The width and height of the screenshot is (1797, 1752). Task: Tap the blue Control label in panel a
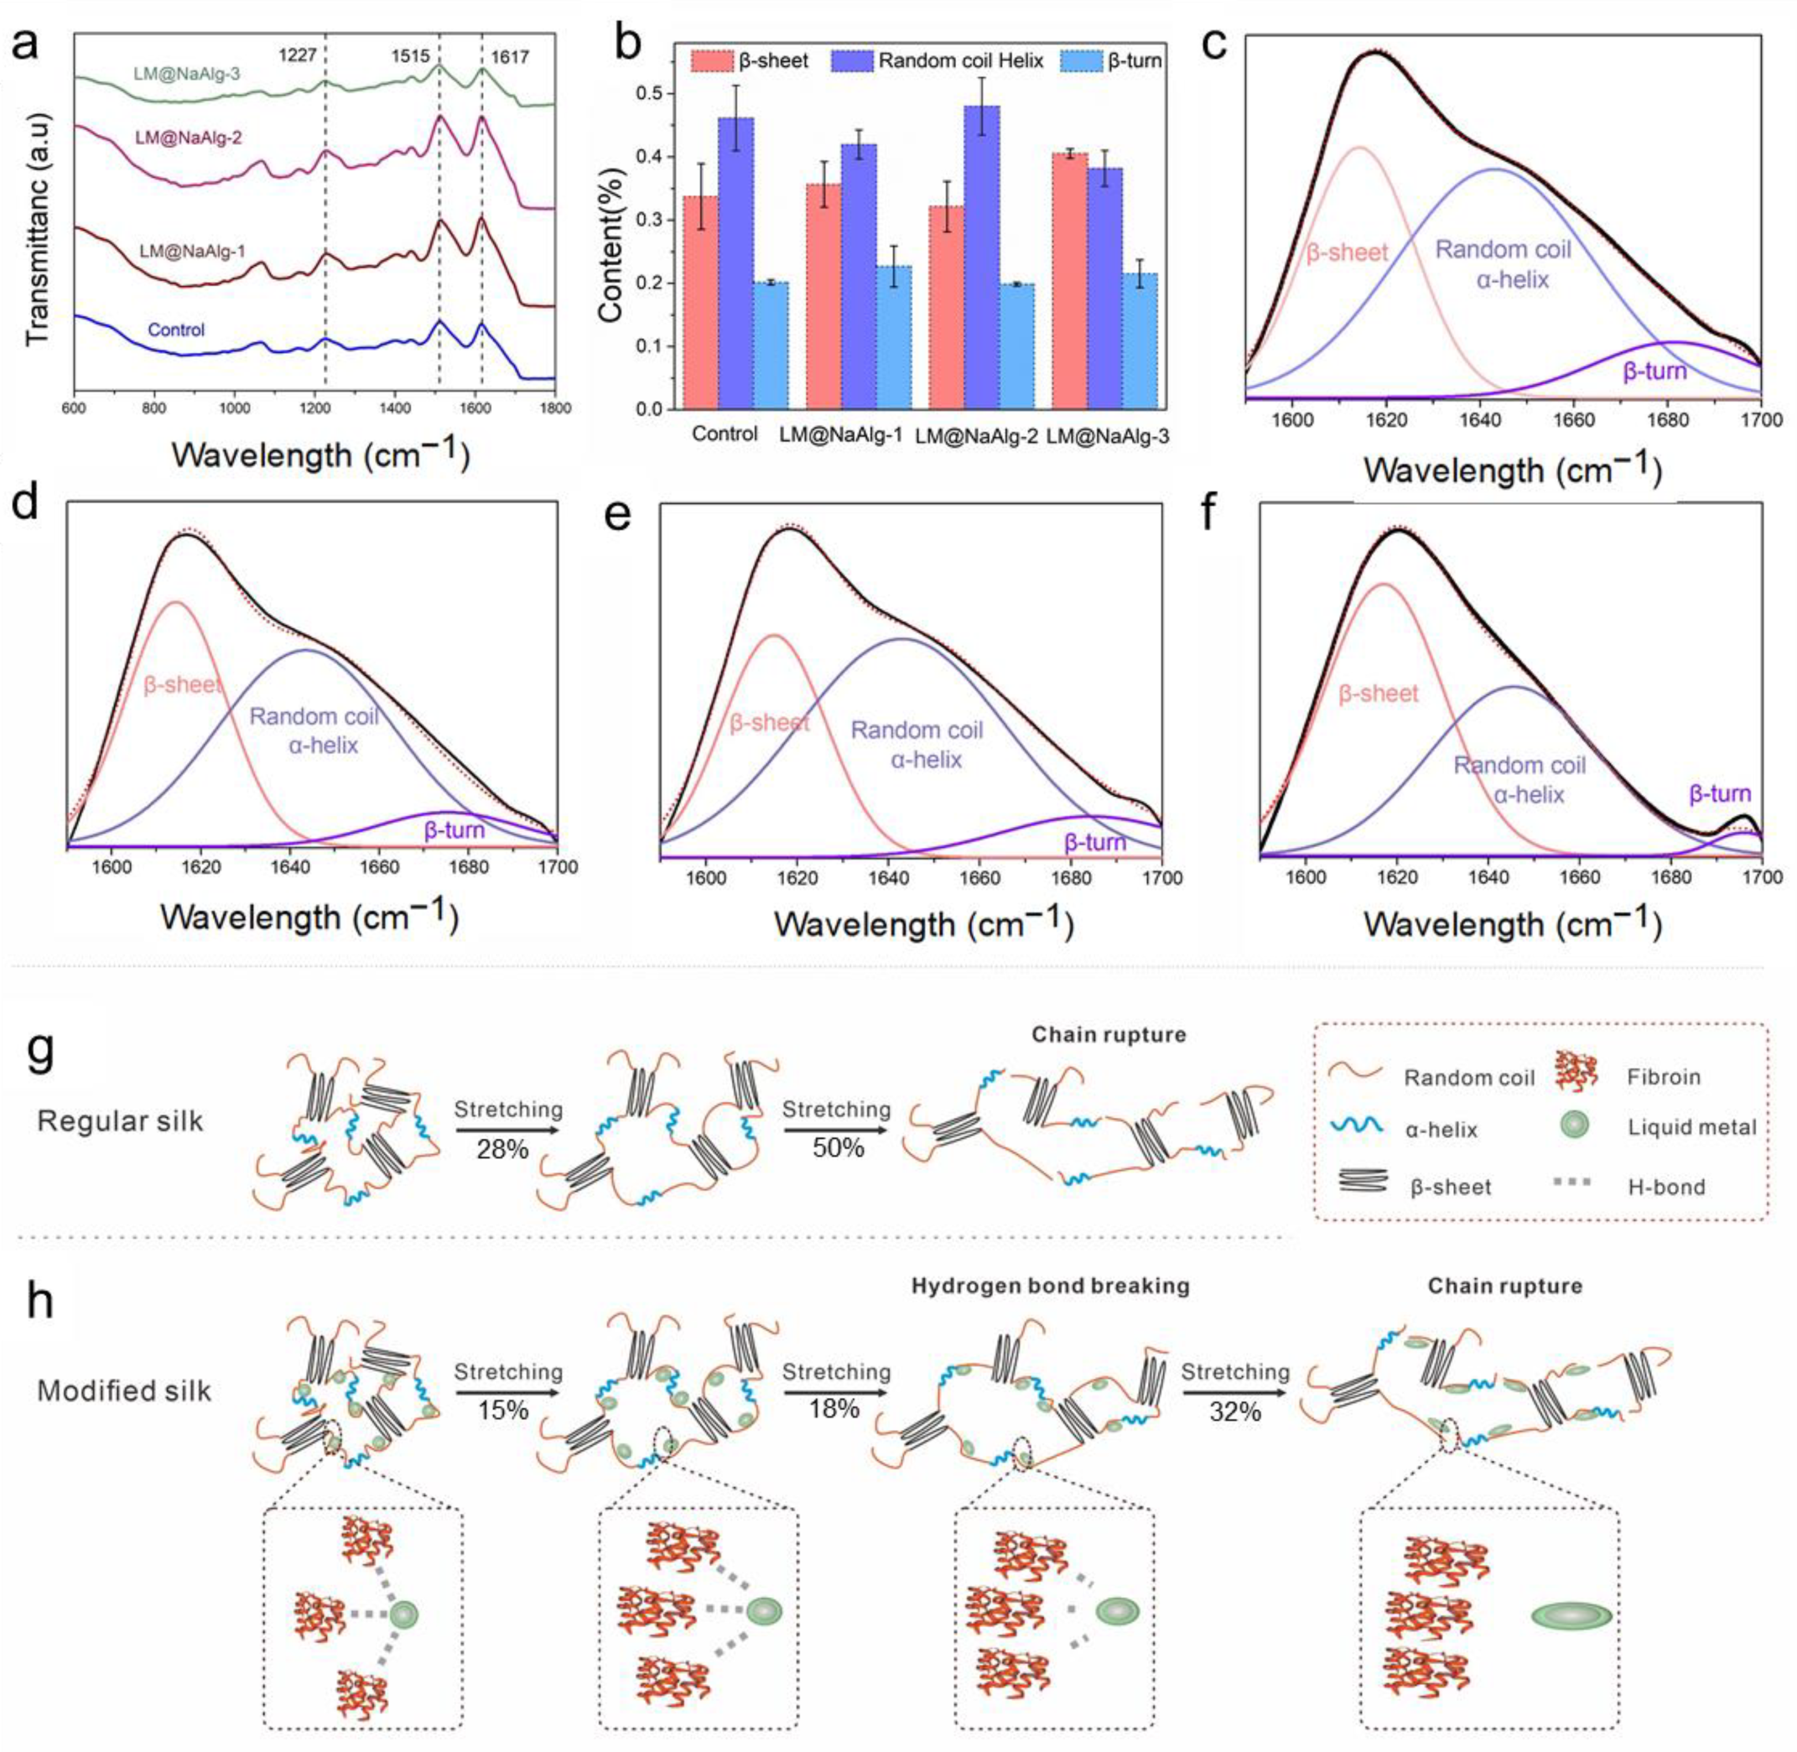pyautogui.click(x=176, y=330)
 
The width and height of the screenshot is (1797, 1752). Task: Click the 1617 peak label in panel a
pyautogui.click(x=509, y=57)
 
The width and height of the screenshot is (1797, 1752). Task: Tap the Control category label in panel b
pyautogui.click(x=724, y=433)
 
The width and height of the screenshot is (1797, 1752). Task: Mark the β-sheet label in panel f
pyautogui.click(x=1377, y=694)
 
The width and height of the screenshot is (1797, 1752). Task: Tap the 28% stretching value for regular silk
pyautogui.click(x=503, y=1148)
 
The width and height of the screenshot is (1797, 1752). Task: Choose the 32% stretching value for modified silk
pyautogui.click(x=1235, y=1410)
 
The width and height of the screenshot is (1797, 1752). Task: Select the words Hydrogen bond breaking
pyautogui.click(x=1050, y=1286)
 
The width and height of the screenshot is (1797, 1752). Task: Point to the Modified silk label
pyautogui.click(x=124, y=1390)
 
